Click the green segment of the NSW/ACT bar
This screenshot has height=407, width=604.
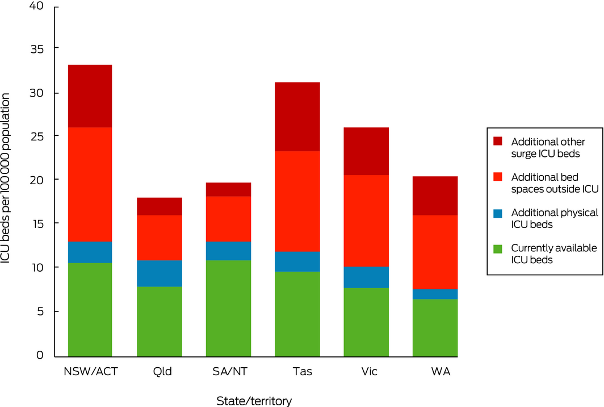click(x=90, y=310)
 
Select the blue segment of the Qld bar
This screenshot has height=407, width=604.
click(x=160, y=273)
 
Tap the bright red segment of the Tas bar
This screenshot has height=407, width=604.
click(x=297, y=201)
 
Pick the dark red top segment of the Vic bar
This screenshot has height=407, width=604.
click(x=366, y=151)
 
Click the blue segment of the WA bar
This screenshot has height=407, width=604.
click(x=435, y=294)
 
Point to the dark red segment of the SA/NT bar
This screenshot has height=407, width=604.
click(x=228, y=189)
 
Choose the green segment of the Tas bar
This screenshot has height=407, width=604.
click(x=297, y=314)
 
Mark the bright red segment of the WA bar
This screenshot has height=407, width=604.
click(x=435, y=252)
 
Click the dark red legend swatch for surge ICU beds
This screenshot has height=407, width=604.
click(x=498, y=141)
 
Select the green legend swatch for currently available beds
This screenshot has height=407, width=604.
click(x=498, y=248)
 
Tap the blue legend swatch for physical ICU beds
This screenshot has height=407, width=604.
click(x=498, y=213)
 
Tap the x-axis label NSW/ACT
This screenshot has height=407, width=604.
click(x=90, y=372)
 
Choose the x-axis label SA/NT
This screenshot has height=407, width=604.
click(x=228, y=372)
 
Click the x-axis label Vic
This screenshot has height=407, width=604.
click(x=366, y=372)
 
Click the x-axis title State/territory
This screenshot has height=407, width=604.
click(x=254, y=401)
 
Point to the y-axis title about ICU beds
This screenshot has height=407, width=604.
click(x=7, y=180)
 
